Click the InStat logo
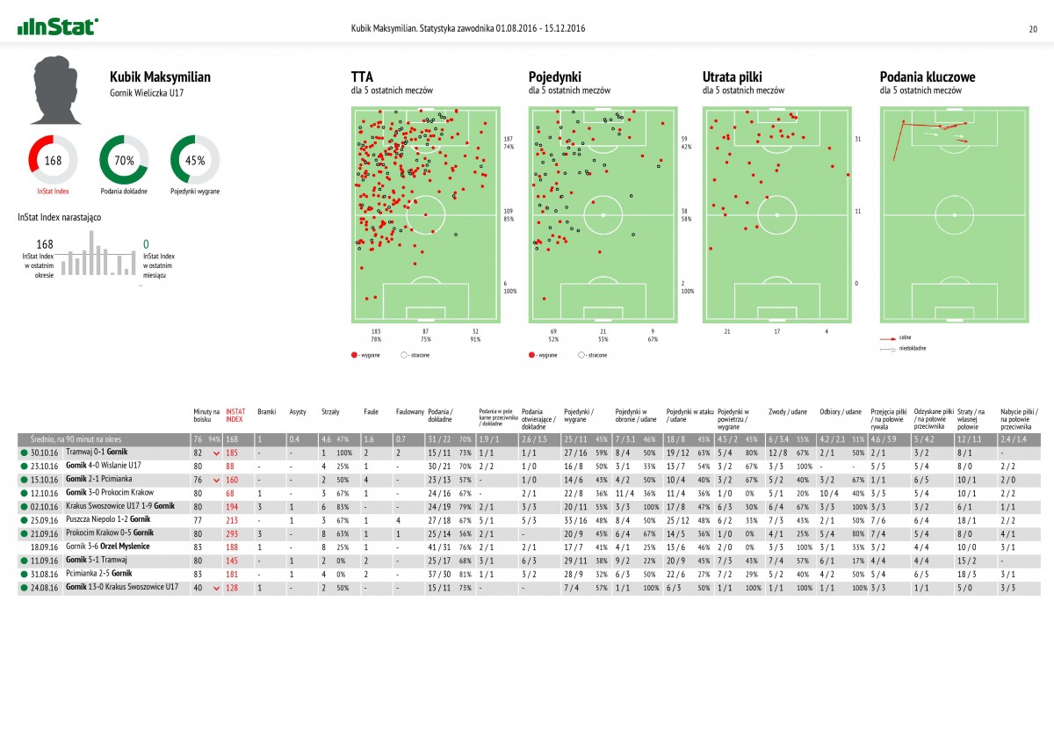click(58, 27)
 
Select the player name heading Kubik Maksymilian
click(160, 77)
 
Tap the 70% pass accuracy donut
click(124, 160)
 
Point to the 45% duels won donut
click(195, 160)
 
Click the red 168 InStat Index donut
click(54, 160)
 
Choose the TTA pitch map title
click(361, 77)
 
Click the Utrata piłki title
click(736, 77)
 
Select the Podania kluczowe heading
click(927, 77)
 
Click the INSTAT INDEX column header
click(235, 414)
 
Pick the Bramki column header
click(266, 410)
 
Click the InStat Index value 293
click(233, 533)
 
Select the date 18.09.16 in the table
click(43, 546)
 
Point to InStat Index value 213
click(233, 520)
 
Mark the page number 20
click(1033, 28)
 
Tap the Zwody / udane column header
click(787, 410)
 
